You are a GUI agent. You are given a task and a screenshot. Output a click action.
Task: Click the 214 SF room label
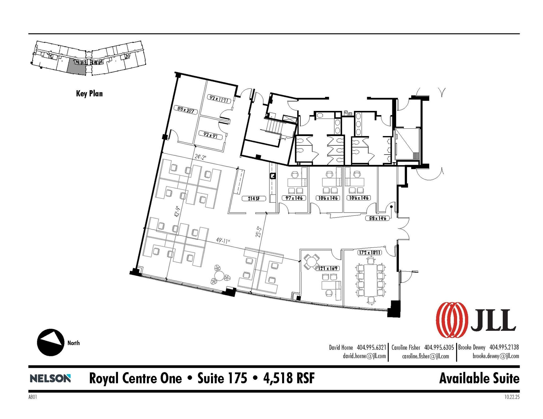[x=254, y=199]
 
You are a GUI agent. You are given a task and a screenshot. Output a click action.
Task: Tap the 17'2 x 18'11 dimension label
[x=370, y=253]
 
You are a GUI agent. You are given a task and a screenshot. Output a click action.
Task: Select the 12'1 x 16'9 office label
[x=327, y=268]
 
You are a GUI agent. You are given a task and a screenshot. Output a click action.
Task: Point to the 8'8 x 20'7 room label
[x=186, y=110]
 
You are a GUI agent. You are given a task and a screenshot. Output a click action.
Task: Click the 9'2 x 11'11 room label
[x=219, y=99]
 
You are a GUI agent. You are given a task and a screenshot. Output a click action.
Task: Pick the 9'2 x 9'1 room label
[x=211, y=135]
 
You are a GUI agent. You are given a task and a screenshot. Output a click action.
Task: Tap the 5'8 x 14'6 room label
[x=377, y=218]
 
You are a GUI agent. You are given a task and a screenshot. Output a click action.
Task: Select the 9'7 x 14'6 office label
[x=294, y=198]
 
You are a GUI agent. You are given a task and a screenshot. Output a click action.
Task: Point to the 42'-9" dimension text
[x=177, y=211]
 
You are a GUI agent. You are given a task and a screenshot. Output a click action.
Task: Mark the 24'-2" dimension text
[x=200, y=157]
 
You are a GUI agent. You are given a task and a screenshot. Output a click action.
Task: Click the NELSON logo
[x=50, y=378]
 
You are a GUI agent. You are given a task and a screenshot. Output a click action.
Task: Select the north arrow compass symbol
[x=50, y=343]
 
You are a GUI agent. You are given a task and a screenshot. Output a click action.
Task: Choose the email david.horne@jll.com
[x=364, y=356]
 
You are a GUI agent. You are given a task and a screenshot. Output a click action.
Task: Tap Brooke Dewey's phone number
[x=504, y=347]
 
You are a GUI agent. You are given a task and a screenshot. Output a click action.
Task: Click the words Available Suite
[x=479, y=378]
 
